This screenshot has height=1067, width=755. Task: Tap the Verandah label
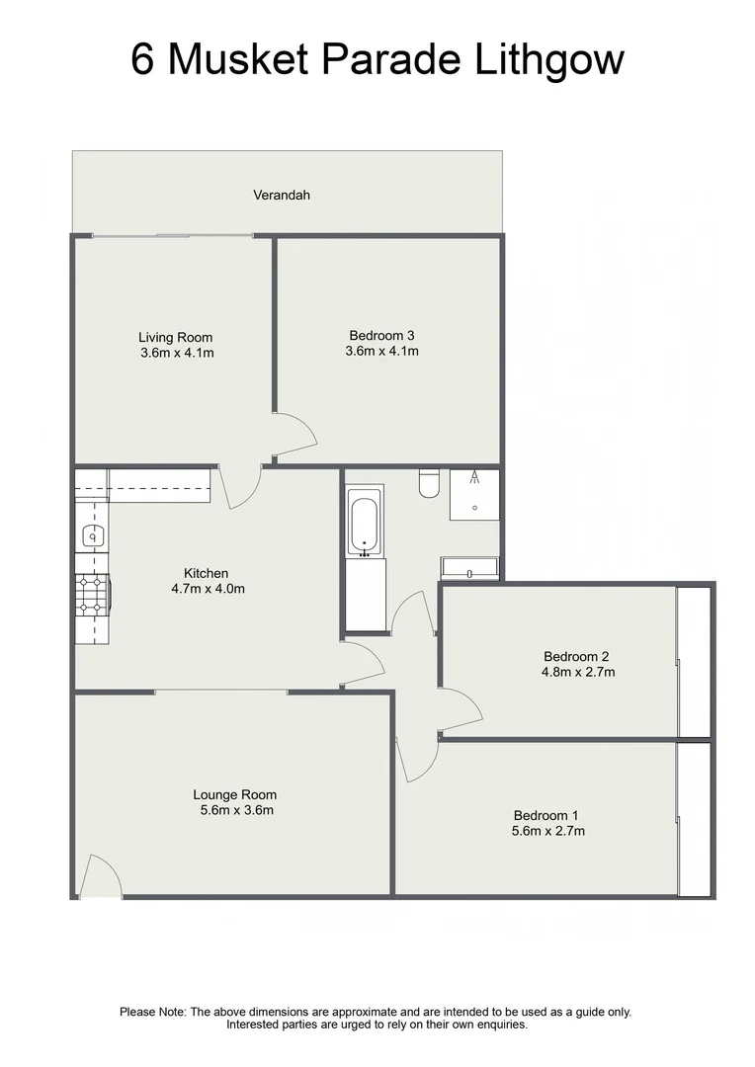(282, 196)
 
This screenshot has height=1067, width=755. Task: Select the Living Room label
(175, 338)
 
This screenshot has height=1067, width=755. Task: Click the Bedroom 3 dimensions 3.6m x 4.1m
(382, 351)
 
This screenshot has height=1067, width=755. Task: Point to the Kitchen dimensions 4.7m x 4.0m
(208, 589)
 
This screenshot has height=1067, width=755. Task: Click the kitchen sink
(92, 536)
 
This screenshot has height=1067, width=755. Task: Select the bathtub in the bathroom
(363, 524)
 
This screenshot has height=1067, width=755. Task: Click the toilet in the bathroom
(430, 483)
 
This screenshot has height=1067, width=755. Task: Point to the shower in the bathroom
(474, 494)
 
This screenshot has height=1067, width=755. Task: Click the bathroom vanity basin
(470, 569)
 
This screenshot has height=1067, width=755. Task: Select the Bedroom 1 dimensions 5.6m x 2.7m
(548, 831)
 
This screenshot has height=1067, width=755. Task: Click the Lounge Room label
(234, 795)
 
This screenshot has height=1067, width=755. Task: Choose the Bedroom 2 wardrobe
(695, 661)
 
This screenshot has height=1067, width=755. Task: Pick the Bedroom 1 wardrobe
(695, 819)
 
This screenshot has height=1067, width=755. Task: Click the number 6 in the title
(143, 59)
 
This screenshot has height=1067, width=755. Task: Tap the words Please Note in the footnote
(152, 1012)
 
